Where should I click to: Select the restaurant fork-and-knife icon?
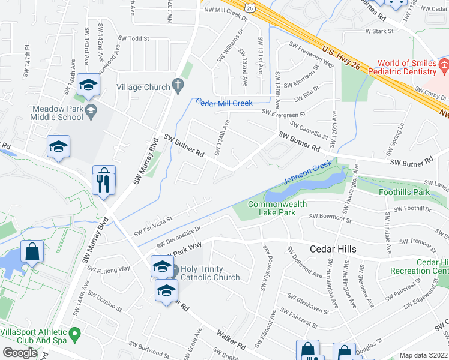pos(104,179)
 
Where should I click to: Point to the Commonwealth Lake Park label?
pos(277,209)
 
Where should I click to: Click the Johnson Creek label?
pos(307,172)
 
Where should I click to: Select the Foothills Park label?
pos(405,193)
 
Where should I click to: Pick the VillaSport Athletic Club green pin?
pos(74,332)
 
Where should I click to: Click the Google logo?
pos(20,352)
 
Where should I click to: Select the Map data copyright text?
pos(424,355)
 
